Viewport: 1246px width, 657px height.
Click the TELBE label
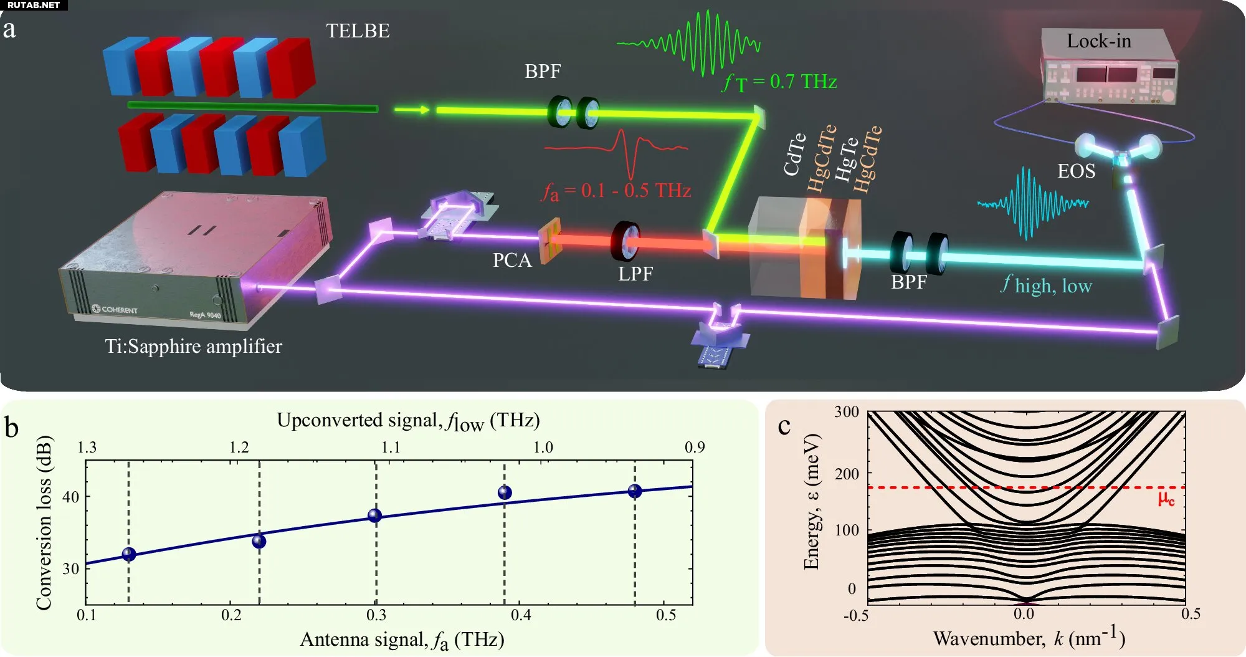[358, 31]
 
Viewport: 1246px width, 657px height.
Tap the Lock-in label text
[1098, 41]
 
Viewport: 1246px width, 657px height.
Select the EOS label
[1076, 171]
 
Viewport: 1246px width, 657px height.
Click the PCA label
[511, 260]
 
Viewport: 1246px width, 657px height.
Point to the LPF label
[635, 274]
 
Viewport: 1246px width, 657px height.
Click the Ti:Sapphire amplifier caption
[193, 346]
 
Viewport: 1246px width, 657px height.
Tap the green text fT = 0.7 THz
[779, 82]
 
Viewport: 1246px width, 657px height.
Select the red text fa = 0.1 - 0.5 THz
[616, 190]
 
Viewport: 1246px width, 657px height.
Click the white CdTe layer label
[794, 155]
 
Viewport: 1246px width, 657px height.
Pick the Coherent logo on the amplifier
[115, 309]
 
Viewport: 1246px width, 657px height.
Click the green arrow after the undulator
[412, 110]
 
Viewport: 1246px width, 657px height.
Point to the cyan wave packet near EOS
[1031, 203]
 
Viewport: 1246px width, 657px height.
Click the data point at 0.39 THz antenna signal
[505, 492]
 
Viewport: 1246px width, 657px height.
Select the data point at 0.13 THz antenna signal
[129, 554]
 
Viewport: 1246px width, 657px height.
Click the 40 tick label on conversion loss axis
[70, 497]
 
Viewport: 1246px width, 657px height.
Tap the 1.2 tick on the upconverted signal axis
[239, 448]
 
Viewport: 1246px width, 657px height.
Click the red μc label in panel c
[1166, 499]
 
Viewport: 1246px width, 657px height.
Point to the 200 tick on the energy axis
[847, 474]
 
